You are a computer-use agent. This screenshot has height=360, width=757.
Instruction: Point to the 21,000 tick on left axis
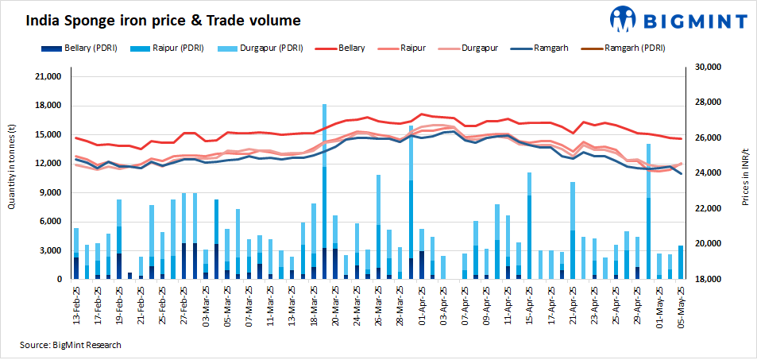point(48,77)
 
